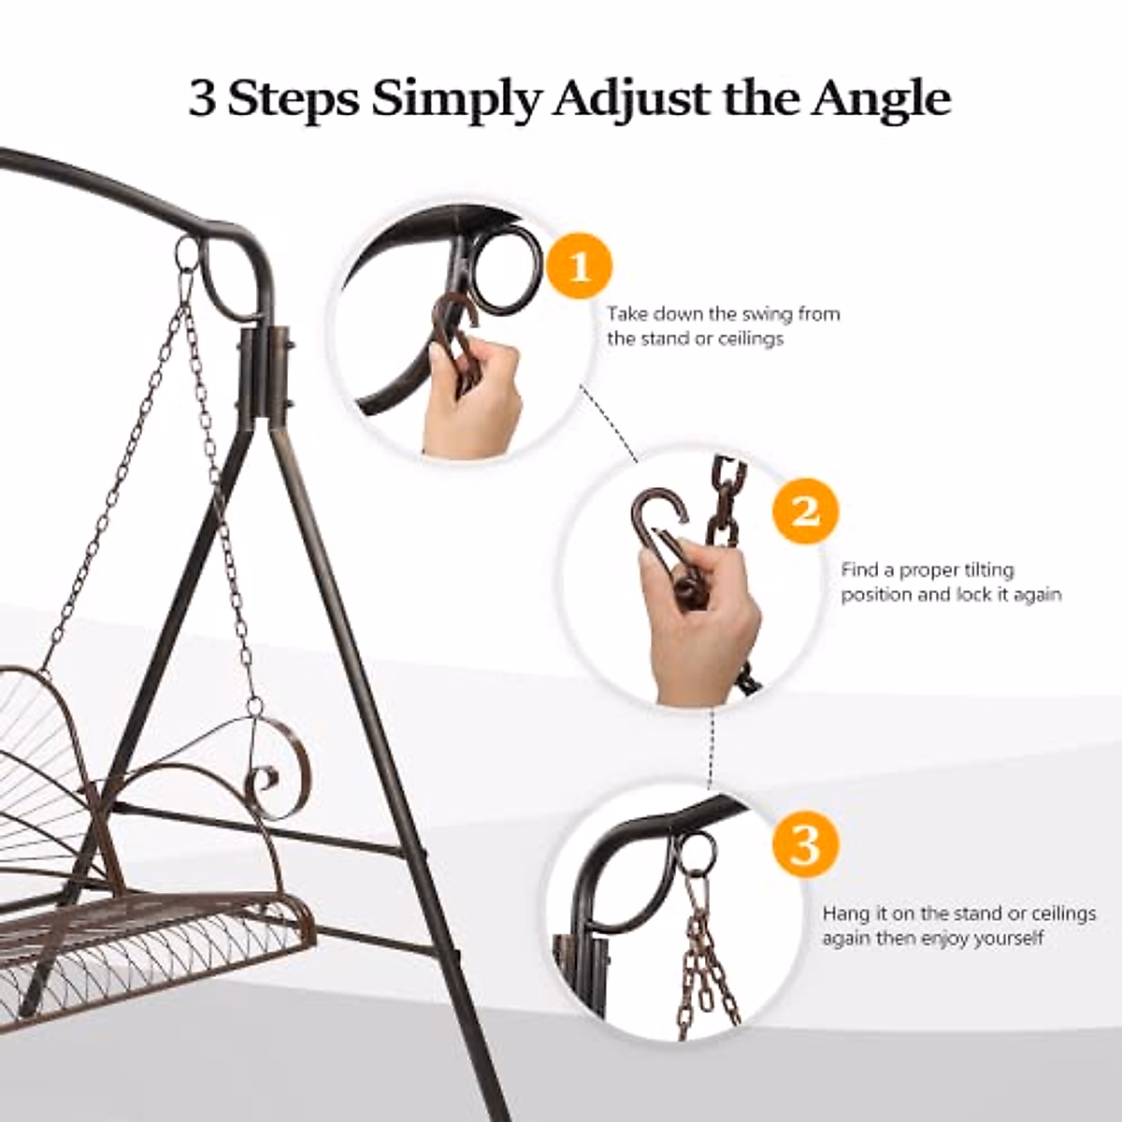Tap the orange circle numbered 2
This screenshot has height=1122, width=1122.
805,511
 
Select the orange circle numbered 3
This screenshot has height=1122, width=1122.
805,843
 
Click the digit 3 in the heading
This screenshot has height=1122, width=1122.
202,98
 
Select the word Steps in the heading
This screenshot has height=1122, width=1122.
294,100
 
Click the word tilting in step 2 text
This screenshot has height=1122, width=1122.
982,570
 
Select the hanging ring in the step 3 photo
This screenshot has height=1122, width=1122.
694,854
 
